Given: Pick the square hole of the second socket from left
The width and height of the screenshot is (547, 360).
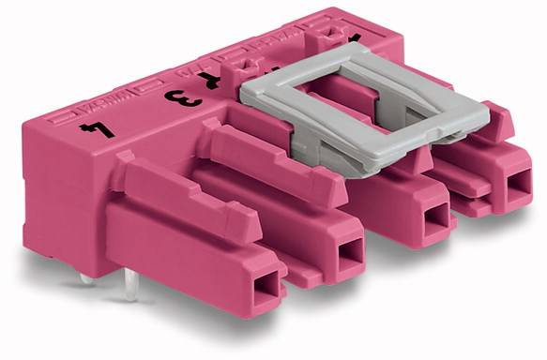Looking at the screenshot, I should (x=349, y=250).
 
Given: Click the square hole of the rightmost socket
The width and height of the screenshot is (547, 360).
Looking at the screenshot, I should (x=516, y=183).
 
